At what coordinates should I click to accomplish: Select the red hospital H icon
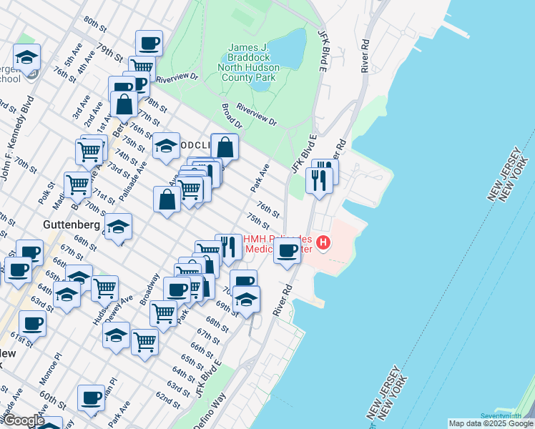(x=323, y=243)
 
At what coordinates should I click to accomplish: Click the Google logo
(x=24, y=420)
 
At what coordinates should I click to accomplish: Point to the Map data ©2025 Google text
(x=489, y=423)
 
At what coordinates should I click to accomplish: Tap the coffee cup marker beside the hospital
(x=288, y=252)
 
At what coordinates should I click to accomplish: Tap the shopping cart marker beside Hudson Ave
(x=105, y=288)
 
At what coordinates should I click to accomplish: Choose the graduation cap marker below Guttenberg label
(x=118, y=228)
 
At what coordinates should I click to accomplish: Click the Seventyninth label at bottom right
(x=501, y=416)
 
